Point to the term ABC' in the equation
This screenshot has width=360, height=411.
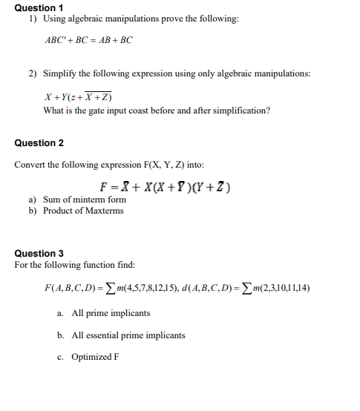pos(57,39)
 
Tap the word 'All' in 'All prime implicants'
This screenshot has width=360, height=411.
pos(78,314)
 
